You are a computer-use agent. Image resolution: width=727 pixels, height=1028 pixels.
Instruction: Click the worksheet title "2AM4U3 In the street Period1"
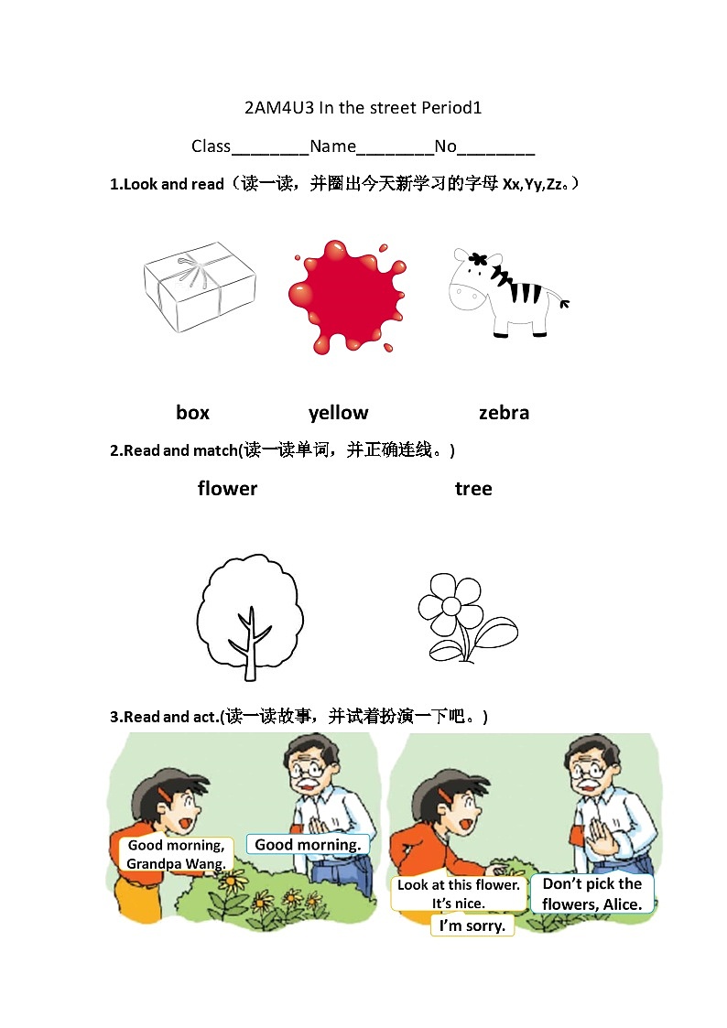pyautogui.click(x=363, y=108)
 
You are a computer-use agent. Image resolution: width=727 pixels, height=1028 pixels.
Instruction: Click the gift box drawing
pyautogui.click(x=199, y=287)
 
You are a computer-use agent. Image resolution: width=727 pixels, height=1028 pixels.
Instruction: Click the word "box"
pyautogui.click(x=192, y=413)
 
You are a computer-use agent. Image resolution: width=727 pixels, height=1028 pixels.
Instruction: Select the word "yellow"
pyautogui.click(x=338, y=413)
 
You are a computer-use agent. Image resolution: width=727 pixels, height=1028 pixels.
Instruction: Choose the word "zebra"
pyautogui.click(x=504, y=413)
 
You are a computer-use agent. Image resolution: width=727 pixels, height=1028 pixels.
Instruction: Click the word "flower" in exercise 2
pyautogui.click(x=227, y=489)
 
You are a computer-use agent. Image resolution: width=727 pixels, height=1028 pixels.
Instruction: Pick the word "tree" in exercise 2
pyautogui.click(x=473, y=489)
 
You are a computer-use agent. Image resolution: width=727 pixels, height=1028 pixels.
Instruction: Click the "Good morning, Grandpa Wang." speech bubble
pyautogui.click(x=176, y=854)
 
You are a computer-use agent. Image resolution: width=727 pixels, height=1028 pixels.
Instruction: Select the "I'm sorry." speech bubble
pyautogui.click(x=472, y=925)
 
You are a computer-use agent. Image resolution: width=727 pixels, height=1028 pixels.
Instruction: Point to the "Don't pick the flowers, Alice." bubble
pyautogui.click(x=591, y=893)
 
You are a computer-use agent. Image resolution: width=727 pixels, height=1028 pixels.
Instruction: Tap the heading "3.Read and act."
pyautogui.click(x=165, y=717)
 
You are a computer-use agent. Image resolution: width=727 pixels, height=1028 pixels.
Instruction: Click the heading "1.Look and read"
pyautogui.click(x=167, y=184)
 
